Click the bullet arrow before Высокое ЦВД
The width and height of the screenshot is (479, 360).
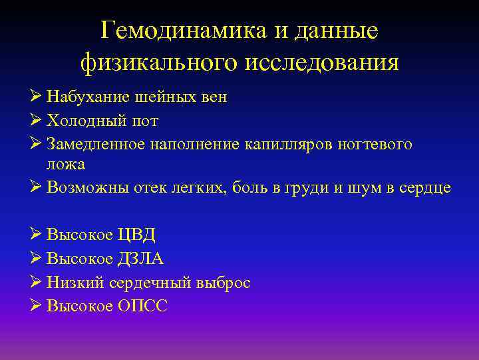tap(37, 235)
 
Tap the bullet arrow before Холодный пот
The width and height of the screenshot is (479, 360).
tap(37, 121)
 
